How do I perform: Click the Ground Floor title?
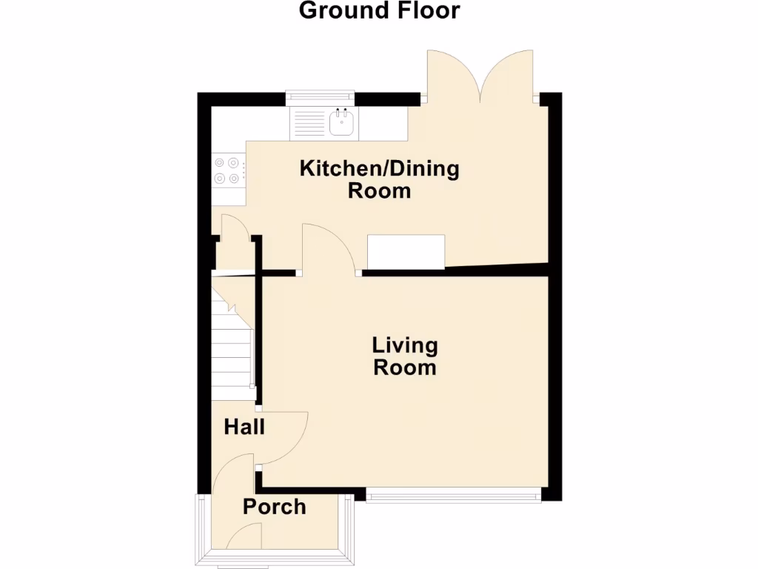[x=379, y=11]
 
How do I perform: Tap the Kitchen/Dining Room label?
[x=379, y=179]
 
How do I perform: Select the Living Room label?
[x=405, y=356]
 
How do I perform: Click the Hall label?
[x=244, y=427]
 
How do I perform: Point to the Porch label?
[x=275, y=507]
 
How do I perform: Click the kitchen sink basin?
[x=342, y=123]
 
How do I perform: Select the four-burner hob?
[x=228, y=169]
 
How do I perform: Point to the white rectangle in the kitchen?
[x=406, y=252]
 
